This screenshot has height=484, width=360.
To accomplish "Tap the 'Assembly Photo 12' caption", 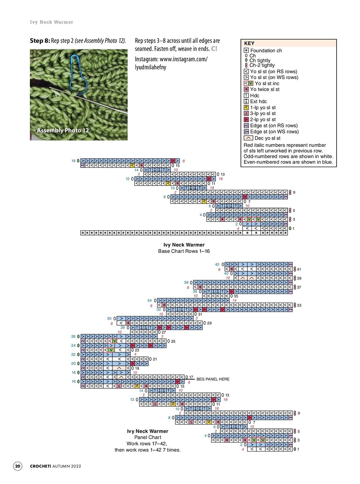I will pyautogui.click(x=63, y=130).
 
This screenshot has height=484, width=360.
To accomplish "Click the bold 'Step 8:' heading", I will pyautogui.click(x=40, y=41).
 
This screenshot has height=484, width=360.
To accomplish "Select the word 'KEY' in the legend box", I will pyautogui.click(x=249, y=43).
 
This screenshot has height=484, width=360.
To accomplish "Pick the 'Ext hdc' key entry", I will pyautogui.click(x=258, y=101).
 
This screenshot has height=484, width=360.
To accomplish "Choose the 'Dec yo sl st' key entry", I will pyautogui.click(x=267, y=138).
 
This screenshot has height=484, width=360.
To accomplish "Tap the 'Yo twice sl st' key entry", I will pyautogui.click(x=265, y=89).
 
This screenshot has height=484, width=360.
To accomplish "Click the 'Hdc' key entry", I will pyautogui.click(x=254, y=96).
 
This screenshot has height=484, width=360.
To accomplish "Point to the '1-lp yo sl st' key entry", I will pyautogui.click(x=263, y=107).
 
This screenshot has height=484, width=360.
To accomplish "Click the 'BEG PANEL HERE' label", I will pyautogui.click(x=213, y=379).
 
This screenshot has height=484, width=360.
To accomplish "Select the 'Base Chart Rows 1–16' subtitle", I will pyautogui.click(x=184, y=251).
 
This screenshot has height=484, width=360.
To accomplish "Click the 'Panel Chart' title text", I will pyautogui.click(x=147, y=437).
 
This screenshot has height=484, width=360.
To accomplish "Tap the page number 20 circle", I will pyautogui.click(x=18, y=466).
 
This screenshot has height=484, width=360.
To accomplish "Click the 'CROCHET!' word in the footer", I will pyautogui.click(x=40, y=466).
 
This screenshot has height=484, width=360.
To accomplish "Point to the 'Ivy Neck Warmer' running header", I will pyautogui.click(x=52, y=22).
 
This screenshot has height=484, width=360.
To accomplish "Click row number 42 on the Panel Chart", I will pyautogui.click(x=217, y=264).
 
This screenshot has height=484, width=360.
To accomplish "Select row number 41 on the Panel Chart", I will pyautogui.click(x=299, y=269).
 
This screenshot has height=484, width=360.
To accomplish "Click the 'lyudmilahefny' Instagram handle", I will pyautogui.click(x=150, y=67).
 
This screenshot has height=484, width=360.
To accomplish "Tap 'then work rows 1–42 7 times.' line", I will pyautogui.click(x=147, y=450).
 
